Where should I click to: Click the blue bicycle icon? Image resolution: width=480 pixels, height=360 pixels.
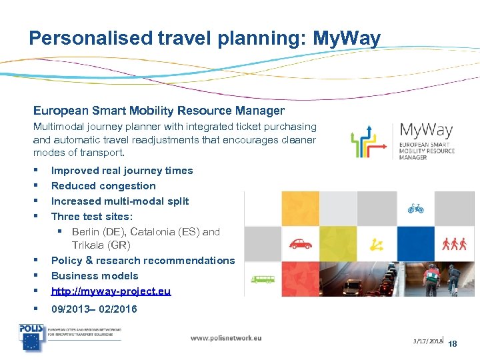pos(416,208)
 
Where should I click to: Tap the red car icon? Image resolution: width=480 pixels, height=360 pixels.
pos(301,243)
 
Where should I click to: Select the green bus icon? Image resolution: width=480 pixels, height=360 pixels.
pos(263,279)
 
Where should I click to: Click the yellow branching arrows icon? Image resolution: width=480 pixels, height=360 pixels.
pos(377,244)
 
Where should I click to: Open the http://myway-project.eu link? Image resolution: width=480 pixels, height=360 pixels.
pos(111,291)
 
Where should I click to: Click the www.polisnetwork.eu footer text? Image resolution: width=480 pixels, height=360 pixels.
pos(226,338)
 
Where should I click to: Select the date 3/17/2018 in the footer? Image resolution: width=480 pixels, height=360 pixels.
pos(427,341)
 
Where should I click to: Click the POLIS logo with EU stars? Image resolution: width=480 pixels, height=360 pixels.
pos(31,338)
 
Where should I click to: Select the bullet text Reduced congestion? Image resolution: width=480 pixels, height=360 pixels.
pos(103,186)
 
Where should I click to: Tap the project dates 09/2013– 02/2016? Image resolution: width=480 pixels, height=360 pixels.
pos(94,309)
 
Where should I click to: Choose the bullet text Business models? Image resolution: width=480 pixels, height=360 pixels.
pos(95,276)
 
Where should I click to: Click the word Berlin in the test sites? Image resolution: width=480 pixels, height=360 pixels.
pos(86,232)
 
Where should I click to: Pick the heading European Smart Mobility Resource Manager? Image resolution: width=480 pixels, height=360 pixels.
pos(159,111)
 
